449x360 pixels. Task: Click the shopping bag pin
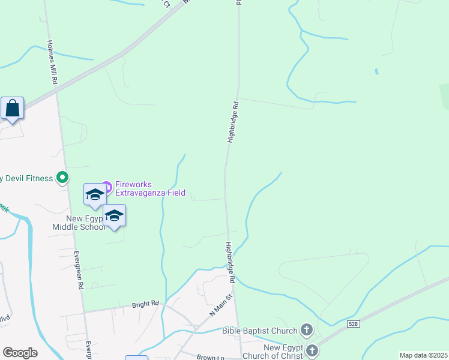(13, 109)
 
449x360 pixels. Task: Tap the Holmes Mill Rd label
(52, 62)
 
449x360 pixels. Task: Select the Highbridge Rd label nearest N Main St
(230, 262)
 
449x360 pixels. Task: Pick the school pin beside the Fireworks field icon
(94, 194)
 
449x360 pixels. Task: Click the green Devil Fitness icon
(62, 178)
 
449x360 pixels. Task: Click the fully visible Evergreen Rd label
(78, 271)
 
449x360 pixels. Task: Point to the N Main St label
(220, 305)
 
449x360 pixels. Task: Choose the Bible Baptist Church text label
(260, 331)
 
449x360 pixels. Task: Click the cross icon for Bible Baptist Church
(306, 329)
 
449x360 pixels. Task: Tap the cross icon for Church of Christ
(312, 350)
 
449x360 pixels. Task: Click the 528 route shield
(354, 324)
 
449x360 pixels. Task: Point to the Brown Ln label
(210, 358)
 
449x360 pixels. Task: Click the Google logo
(20, 353)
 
